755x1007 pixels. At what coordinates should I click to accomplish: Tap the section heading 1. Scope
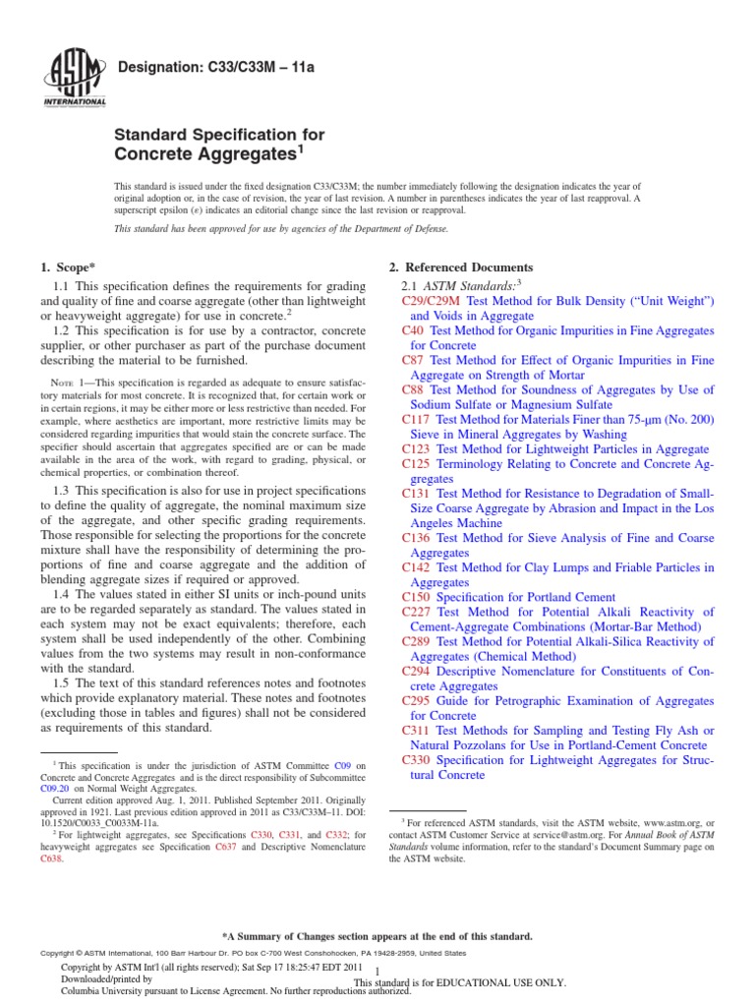point(68,267)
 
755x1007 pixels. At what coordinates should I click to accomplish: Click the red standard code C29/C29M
point(433,301)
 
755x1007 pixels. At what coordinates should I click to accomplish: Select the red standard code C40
point(413,330)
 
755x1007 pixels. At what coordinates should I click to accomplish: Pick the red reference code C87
point(413,360)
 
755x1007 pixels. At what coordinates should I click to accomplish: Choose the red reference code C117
point(417,419)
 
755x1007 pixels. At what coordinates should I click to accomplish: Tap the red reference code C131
point(417,493)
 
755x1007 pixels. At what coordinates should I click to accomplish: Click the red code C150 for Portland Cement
point(417,597)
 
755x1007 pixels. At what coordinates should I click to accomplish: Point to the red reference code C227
point(417,612)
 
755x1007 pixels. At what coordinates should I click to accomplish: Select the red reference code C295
point(417,700)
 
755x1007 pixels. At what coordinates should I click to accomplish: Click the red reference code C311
point(417,731)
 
